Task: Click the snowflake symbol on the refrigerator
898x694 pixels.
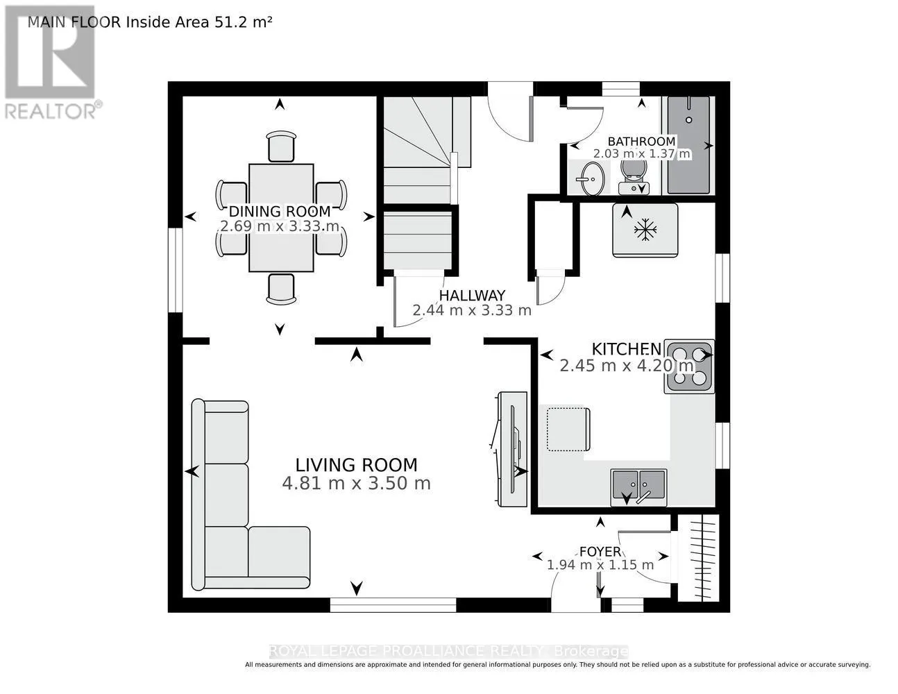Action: point(645,230)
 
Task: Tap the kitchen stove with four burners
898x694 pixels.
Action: point(689,366)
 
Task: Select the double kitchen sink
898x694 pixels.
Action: point(638,487)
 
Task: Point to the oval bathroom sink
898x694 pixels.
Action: point(592,178)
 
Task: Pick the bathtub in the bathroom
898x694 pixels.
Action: point(688,145)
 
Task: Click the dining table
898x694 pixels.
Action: point(281,218)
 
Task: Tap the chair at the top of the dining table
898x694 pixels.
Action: point(281,146)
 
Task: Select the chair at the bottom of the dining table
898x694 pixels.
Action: point(281,289)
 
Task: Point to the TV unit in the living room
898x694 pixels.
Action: point(511,449)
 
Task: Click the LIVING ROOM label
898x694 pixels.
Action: point(356,465)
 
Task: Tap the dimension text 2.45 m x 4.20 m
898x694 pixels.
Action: point(627,366)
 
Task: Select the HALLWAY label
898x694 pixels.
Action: point(472,296)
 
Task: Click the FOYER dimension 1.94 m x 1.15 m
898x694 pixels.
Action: point(600,565)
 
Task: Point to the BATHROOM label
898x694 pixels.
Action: point(641,142)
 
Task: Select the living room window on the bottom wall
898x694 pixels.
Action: point(393,604)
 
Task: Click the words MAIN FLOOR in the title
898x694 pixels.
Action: point(74,22)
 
